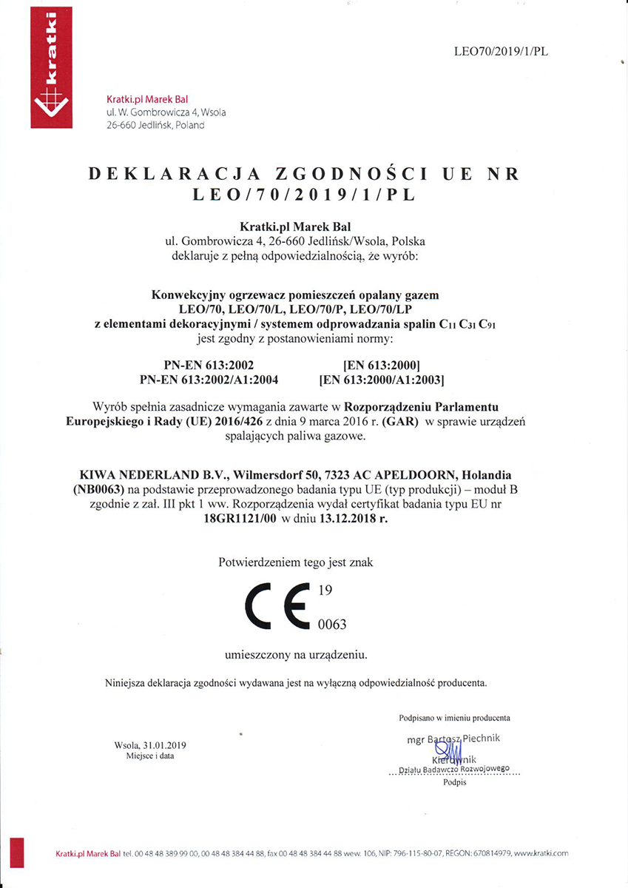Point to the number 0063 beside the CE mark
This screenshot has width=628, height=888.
pyautogui.click(x=331, y=625)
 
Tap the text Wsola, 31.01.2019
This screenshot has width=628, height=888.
pyautogui.click(x=150, y=745)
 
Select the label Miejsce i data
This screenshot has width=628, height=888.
pyautogui.click(x=150, y=756)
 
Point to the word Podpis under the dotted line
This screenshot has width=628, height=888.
pyautogui.click(x=455, y=782)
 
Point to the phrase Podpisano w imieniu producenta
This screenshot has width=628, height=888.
pyautogui.click(x=454, y=718)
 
